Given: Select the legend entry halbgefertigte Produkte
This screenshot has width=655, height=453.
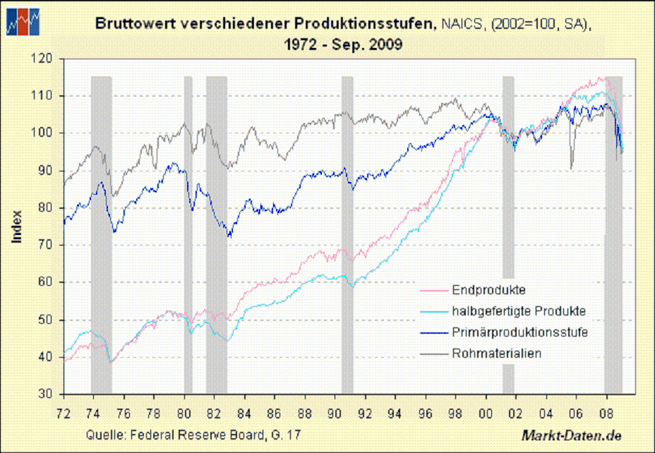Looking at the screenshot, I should [x=518, y=310].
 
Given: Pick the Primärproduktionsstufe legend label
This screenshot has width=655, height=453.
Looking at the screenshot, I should [x=519, y=332].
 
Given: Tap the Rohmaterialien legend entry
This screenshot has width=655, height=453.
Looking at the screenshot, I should [x=496, y=353].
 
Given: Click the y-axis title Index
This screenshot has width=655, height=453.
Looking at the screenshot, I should [x=18, y=226].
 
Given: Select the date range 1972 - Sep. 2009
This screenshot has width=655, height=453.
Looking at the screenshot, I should [x=343, y=44].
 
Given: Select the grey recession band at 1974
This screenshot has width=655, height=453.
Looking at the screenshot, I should [x=101, y=233].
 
